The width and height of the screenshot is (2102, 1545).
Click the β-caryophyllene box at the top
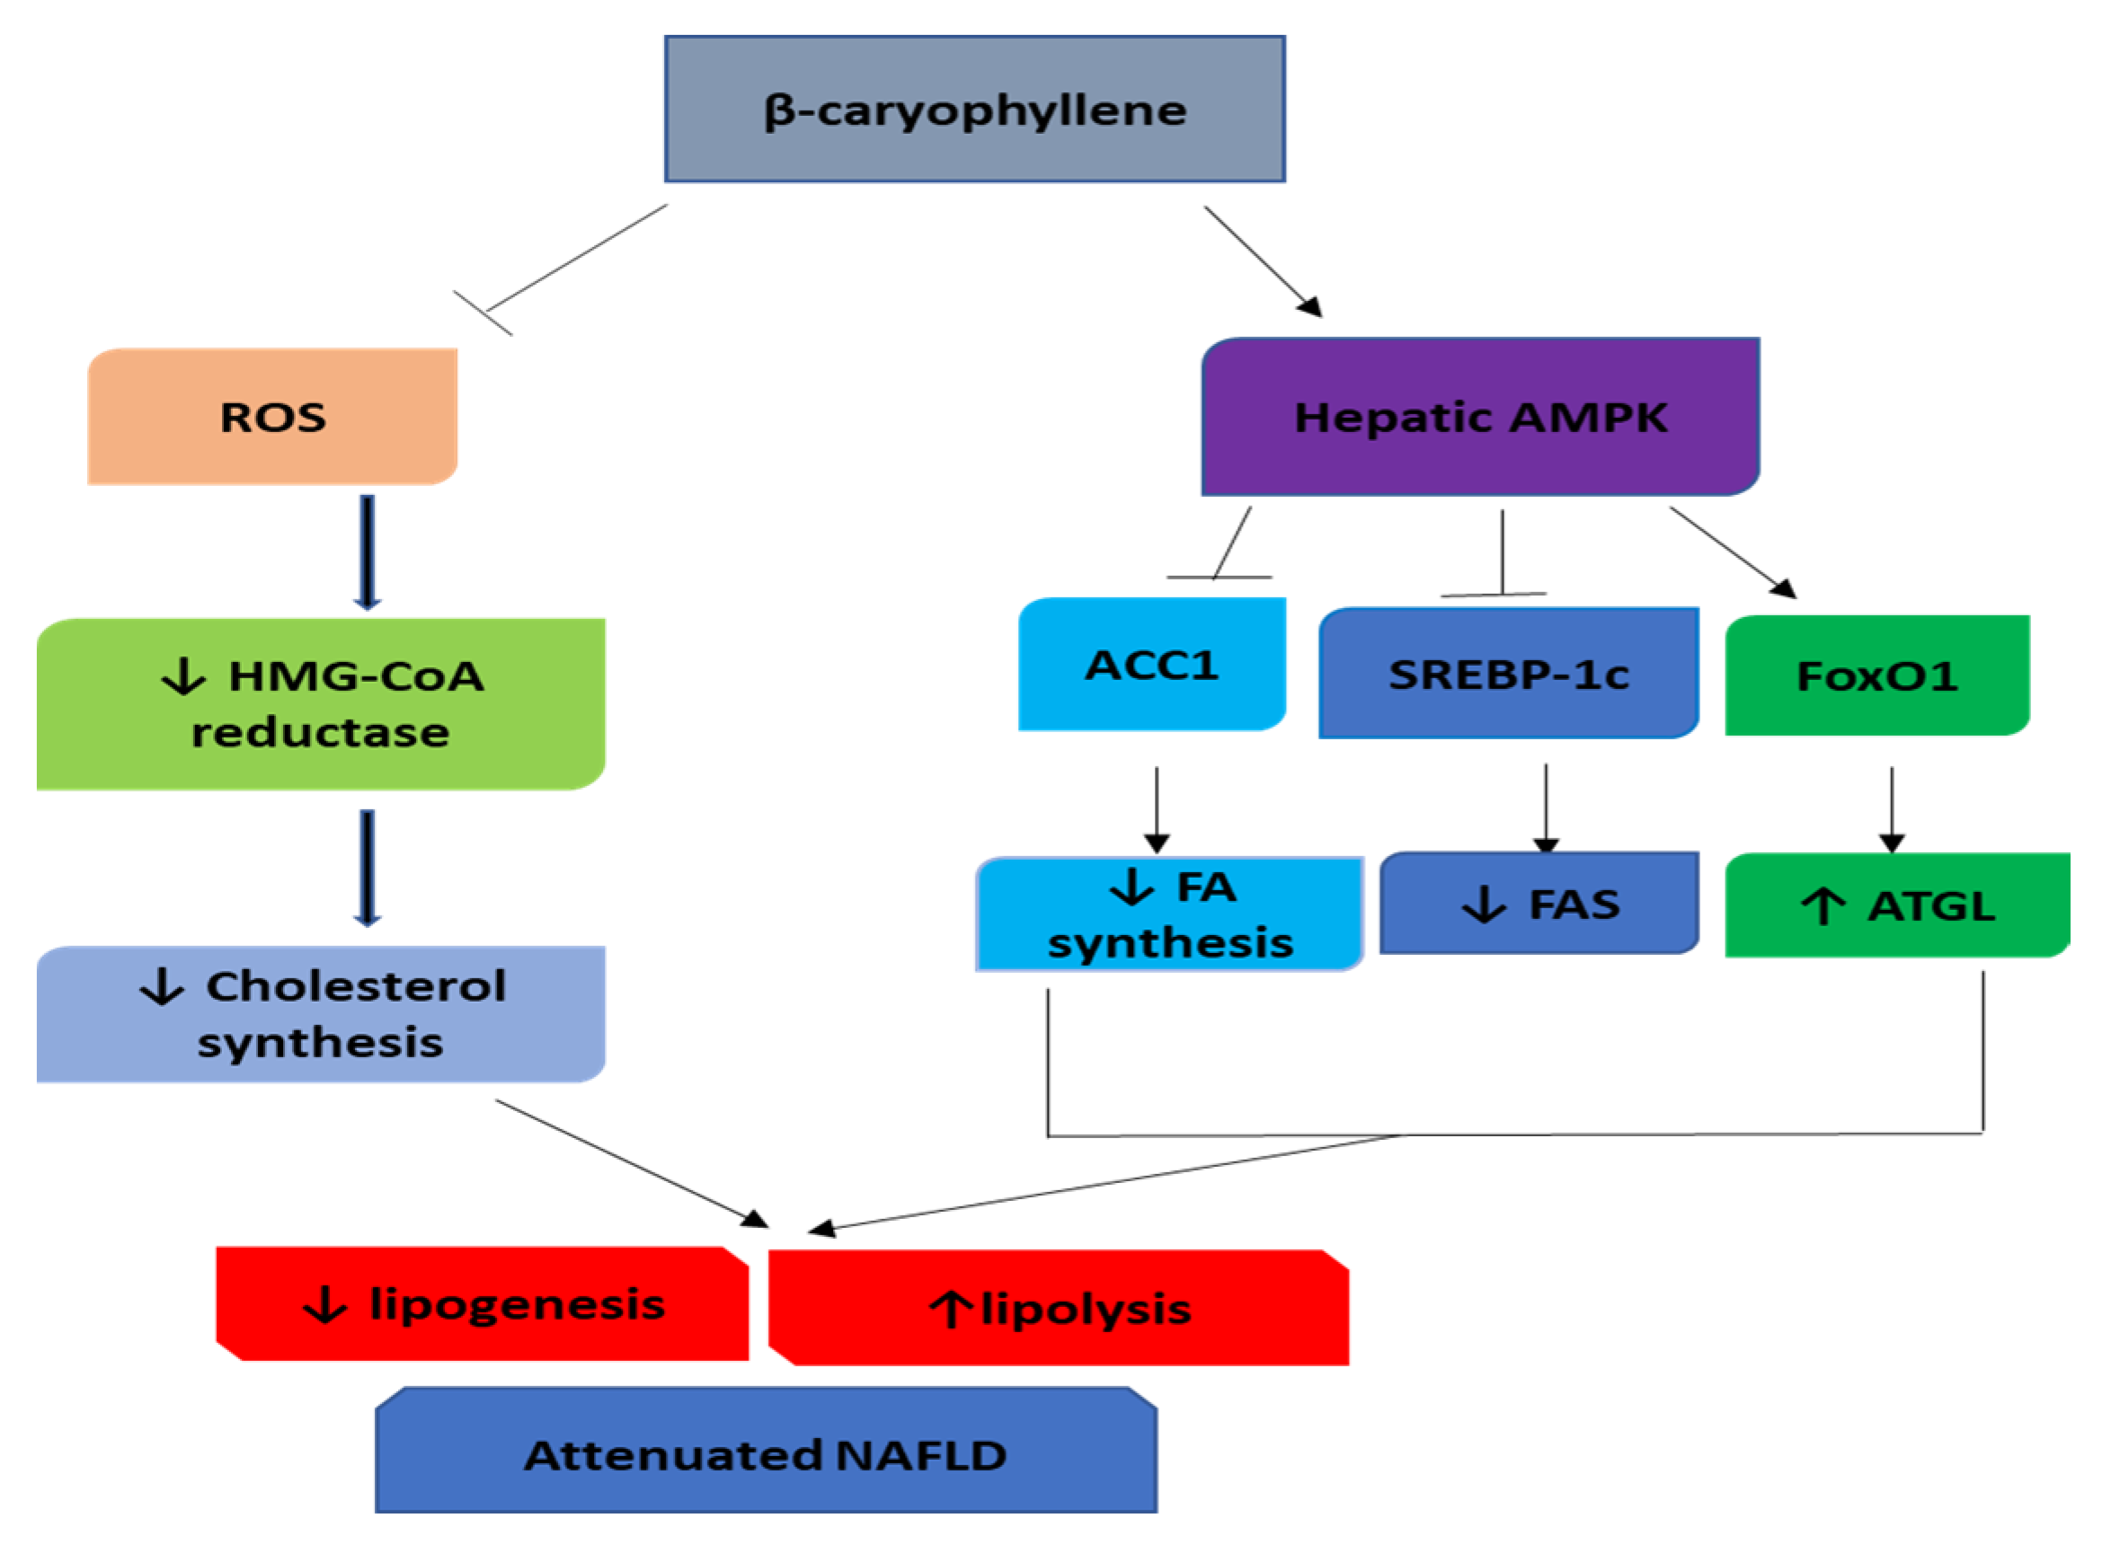tap(974, 110)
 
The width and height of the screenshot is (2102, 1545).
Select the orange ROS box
tap(272, 417)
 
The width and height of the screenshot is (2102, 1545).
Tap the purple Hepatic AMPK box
tap(1479, 417)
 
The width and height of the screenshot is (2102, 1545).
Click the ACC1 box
tap(1150, 665)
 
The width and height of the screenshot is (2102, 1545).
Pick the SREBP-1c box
tap(1507, 674)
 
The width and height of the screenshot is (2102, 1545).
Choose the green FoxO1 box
tap(1876, 675)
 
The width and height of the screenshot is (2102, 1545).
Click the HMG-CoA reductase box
tap(320, 704)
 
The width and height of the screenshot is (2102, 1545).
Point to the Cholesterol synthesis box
tap(320, 1015)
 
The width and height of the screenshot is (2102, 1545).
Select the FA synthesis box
tap(1168, 914)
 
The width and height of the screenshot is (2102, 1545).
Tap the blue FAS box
tap(1538, 904)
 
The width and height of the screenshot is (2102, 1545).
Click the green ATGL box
tap(1896, 905)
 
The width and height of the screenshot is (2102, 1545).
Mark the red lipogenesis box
tap(482, 1303)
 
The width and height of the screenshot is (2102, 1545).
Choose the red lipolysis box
tap(1058, 1309)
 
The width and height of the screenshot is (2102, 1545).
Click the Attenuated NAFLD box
tap(765, 1455)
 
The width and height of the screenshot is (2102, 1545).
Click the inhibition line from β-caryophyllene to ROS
tap(575, 259)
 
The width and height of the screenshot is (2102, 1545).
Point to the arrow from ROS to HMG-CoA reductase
tap(368, 552)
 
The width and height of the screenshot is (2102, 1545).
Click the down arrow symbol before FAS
tap(1484, 905)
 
